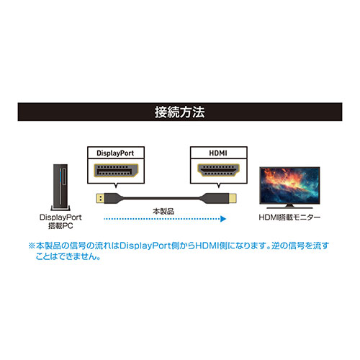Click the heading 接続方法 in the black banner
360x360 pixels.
click(x=180, y=112)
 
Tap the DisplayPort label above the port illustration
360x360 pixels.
click(x=115, y=153)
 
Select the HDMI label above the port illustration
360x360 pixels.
click(x=218, y=153)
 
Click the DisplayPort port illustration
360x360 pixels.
click(x=116, y=171)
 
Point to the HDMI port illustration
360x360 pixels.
click(x=218, y=170)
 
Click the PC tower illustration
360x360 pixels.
click(x=60, y=187)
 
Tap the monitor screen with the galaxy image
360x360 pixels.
click(x=289, y=186)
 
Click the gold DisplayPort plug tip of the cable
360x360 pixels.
click(x=100, y=198)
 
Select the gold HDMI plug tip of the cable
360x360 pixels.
click(x=233, y=198)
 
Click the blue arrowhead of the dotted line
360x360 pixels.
click(x=223, y=219)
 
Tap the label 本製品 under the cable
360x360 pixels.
click(x=163, y=212)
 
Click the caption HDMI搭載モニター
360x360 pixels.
click(x=289, y=217)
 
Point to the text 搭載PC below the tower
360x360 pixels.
click(x=60, y=226)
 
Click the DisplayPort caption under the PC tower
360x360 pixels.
click(x=60, y=217)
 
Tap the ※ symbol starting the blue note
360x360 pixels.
click(x=32, y=246)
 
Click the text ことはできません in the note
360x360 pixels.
click(x=66, y=256)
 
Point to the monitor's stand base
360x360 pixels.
click(x=289, y=207)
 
